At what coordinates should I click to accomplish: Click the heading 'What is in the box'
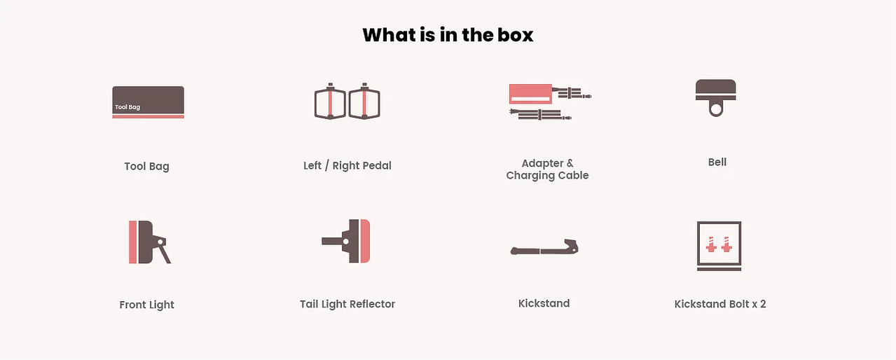point(448,35)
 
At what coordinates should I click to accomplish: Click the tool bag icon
point(148,102)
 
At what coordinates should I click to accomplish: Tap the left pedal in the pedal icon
point(330,102)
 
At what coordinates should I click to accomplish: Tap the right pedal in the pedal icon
point(364,102)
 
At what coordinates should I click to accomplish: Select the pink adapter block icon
point(530,94)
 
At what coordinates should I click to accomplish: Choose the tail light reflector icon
point(346,241)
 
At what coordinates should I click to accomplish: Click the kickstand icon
point(544,248)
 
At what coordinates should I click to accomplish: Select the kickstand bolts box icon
point(719,246)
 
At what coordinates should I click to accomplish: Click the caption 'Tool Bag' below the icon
point(147,167)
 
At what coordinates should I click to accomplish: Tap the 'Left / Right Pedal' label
point(347,165)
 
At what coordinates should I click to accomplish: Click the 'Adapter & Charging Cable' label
point(547,169)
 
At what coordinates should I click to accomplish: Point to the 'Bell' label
point(717,162)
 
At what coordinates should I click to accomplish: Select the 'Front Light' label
point(147,305)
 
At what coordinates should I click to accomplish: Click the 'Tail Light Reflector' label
point(347,304)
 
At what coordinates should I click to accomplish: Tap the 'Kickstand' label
point(544,303)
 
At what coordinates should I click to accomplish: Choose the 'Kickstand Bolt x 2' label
point(720,304)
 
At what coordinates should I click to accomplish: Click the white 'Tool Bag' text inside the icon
point(127,107)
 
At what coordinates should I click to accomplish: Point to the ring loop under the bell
point(716,116)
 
